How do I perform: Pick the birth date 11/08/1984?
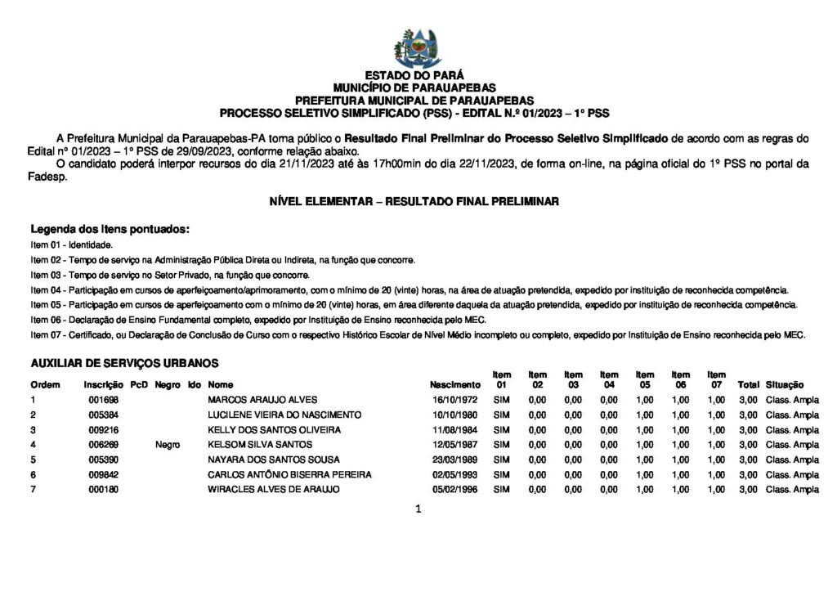[455, 429]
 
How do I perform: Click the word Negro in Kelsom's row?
[167, 444]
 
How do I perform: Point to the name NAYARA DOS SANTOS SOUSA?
[274, 460]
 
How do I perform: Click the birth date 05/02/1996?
[455, 489]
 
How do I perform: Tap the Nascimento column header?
[455, 384]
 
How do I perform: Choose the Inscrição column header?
[103, 384]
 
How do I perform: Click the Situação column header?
[785, 384]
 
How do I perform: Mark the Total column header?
[748, 384]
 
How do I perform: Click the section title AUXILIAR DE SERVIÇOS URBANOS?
[124, 363]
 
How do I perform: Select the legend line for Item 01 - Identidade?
[72, 244]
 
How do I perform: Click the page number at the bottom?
[418, 509]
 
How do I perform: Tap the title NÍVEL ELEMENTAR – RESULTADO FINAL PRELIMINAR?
[414, 201]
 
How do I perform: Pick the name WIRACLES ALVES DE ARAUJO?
[274, 489]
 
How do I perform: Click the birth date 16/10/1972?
[455, 400]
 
